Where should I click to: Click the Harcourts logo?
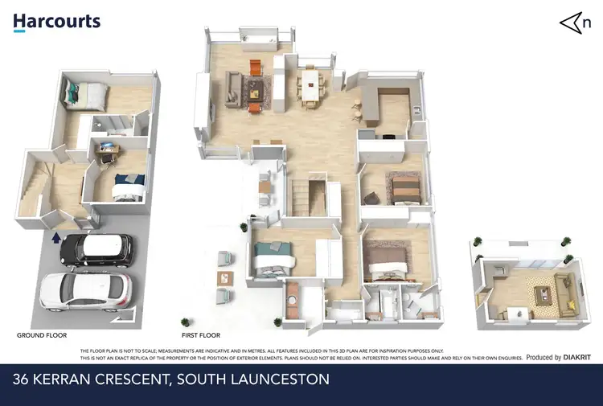56,22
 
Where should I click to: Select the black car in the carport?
95,249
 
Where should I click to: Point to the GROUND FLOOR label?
42,334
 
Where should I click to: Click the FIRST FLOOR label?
201,334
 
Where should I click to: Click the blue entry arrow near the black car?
55,237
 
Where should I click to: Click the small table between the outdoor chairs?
223,278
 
